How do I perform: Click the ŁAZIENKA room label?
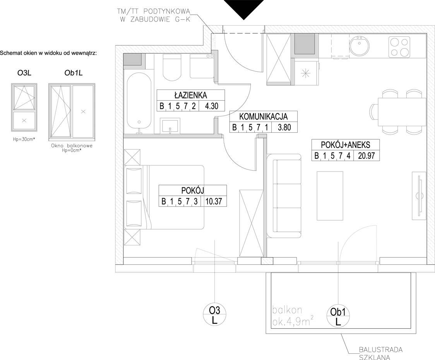click(x=190, y=95)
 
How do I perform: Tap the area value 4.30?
click(x=211, y=106)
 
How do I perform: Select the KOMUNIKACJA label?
click(x=263, y=116)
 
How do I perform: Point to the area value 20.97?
click(x=366, y=156)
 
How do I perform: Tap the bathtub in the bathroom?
click(x=139, y=101)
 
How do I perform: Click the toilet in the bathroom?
click(x=172, y=67)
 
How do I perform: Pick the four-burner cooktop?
click(x=399, y=47)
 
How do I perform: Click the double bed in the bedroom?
click(x=164, y=197)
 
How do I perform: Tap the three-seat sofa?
click(x=284, y=196)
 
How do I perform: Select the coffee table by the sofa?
click(x=330, y=196)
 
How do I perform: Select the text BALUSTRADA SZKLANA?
click(x=381, y=353)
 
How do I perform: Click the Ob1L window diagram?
click(x=72, y=111)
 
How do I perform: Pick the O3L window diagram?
click(x=24, y=107)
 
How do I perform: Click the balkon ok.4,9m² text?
click(x=293, y=316)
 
